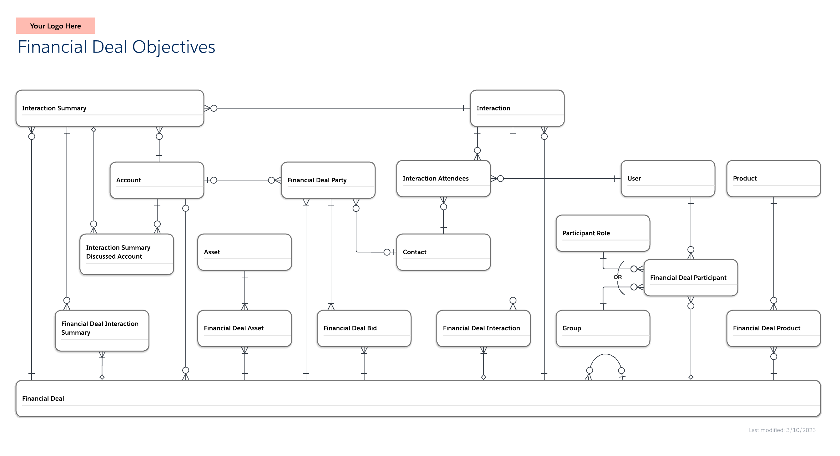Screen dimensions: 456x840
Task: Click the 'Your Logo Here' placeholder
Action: click(55, 26)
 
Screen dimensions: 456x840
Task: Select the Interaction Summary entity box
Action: click(110, 108)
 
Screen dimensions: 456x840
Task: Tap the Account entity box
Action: click(157, 180)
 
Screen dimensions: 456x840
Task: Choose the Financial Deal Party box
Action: click(328, 180)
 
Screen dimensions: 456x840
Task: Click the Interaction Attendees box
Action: click(444, 178)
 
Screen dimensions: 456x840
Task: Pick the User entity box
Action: click(668, 178)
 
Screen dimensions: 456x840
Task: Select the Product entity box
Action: click(773, 178)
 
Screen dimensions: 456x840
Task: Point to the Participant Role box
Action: click(603, 233)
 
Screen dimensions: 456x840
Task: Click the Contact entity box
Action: click(444, 252)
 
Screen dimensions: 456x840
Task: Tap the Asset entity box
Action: click(244, 252)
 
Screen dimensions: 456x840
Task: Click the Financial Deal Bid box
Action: click(364, 328)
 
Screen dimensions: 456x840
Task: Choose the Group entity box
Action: click(603, 328)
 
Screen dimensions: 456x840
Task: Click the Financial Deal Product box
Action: click(773, 328)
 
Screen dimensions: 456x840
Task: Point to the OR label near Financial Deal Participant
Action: click(618, 277)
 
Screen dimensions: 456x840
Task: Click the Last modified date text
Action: click(782, 430)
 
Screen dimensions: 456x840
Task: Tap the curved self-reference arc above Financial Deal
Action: click(605, 355)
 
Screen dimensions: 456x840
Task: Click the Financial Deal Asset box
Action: click(244, 328)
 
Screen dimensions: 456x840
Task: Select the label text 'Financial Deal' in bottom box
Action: click(43, 398)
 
